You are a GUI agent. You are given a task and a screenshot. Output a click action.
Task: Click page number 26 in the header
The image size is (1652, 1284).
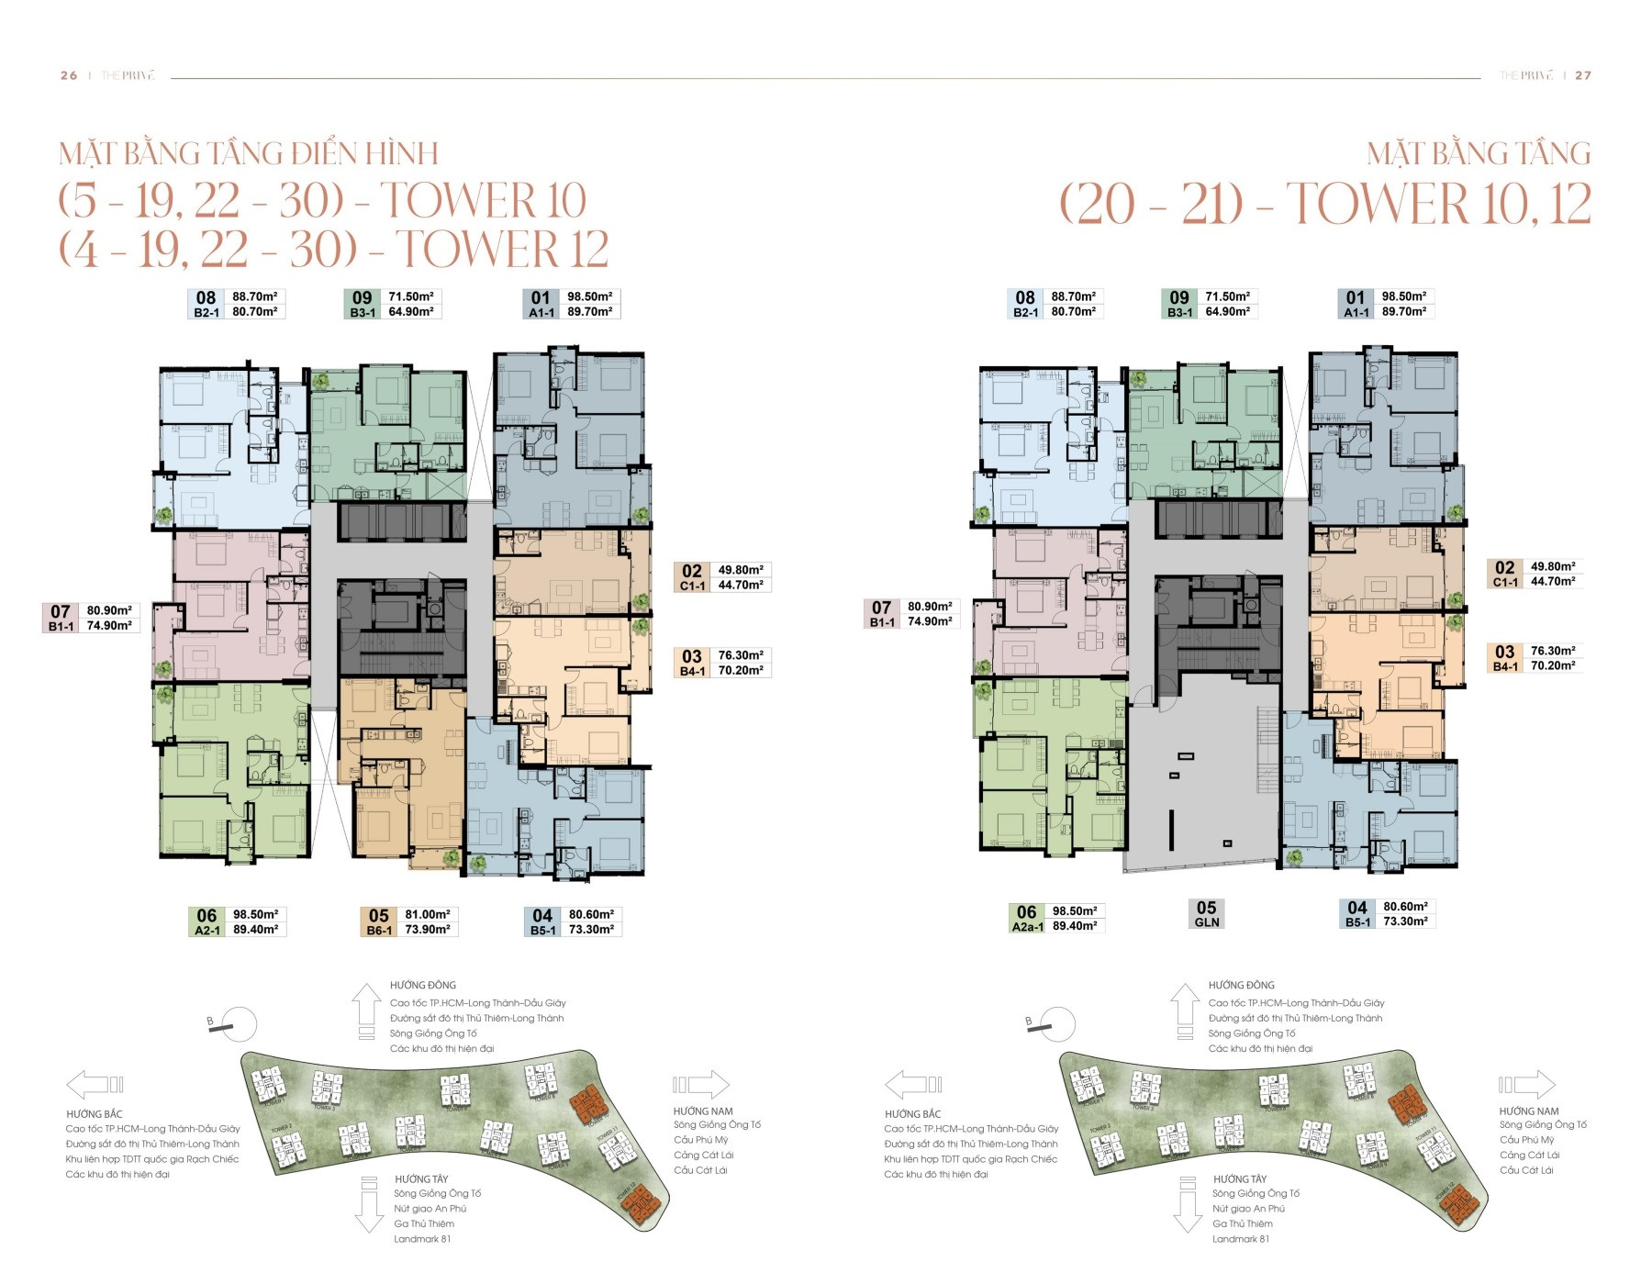pyautogui.click(x=69, y=75)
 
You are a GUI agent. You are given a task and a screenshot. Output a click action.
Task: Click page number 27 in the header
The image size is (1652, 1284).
pyautogui.click(x=1583, y=75)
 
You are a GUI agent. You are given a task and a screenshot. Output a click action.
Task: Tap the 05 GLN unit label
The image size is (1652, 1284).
pyautogui.click(x=1206, y=914)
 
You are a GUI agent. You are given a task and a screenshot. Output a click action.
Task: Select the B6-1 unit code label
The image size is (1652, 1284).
pyautogui.click(x=379, y=930)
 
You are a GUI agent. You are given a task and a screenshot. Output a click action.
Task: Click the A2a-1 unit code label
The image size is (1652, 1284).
pyautogui.click(x=1026, y=926)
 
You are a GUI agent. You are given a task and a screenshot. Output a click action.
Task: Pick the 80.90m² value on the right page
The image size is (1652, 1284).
pyautogui.click(x=931, y=607)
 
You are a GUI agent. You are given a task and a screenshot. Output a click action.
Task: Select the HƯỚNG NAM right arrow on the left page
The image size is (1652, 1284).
pyautogui.click(x=702, y=1085)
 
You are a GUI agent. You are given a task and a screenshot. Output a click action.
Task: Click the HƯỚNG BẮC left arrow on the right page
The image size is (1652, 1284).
pyautogui.click(x=913, y=1085)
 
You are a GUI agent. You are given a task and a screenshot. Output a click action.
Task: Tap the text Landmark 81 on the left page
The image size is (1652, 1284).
pyautogui.click(x=422, y=1239)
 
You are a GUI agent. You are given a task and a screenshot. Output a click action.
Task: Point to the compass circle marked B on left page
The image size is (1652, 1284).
pyautogui.click(x=240, y=1024)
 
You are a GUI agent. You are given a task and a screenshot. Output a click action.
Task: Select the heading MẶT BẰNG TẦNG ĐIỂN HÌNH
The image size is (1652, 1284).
pyautogui.click(x=249, y=153)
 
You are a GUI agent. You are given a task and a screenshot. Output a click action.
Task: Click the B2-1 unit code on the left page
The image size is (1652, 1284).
pyautogui.click(x=206, y=312)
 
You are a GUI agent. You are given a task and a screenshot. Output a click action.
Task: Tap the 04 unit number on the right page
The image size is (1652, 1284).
pyautogui.click(x=1356, y=907)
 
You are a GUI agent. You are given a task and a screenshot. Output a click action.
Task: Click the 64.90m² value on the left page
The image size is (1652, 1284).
pyautogui.click(x=416, y=311)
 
